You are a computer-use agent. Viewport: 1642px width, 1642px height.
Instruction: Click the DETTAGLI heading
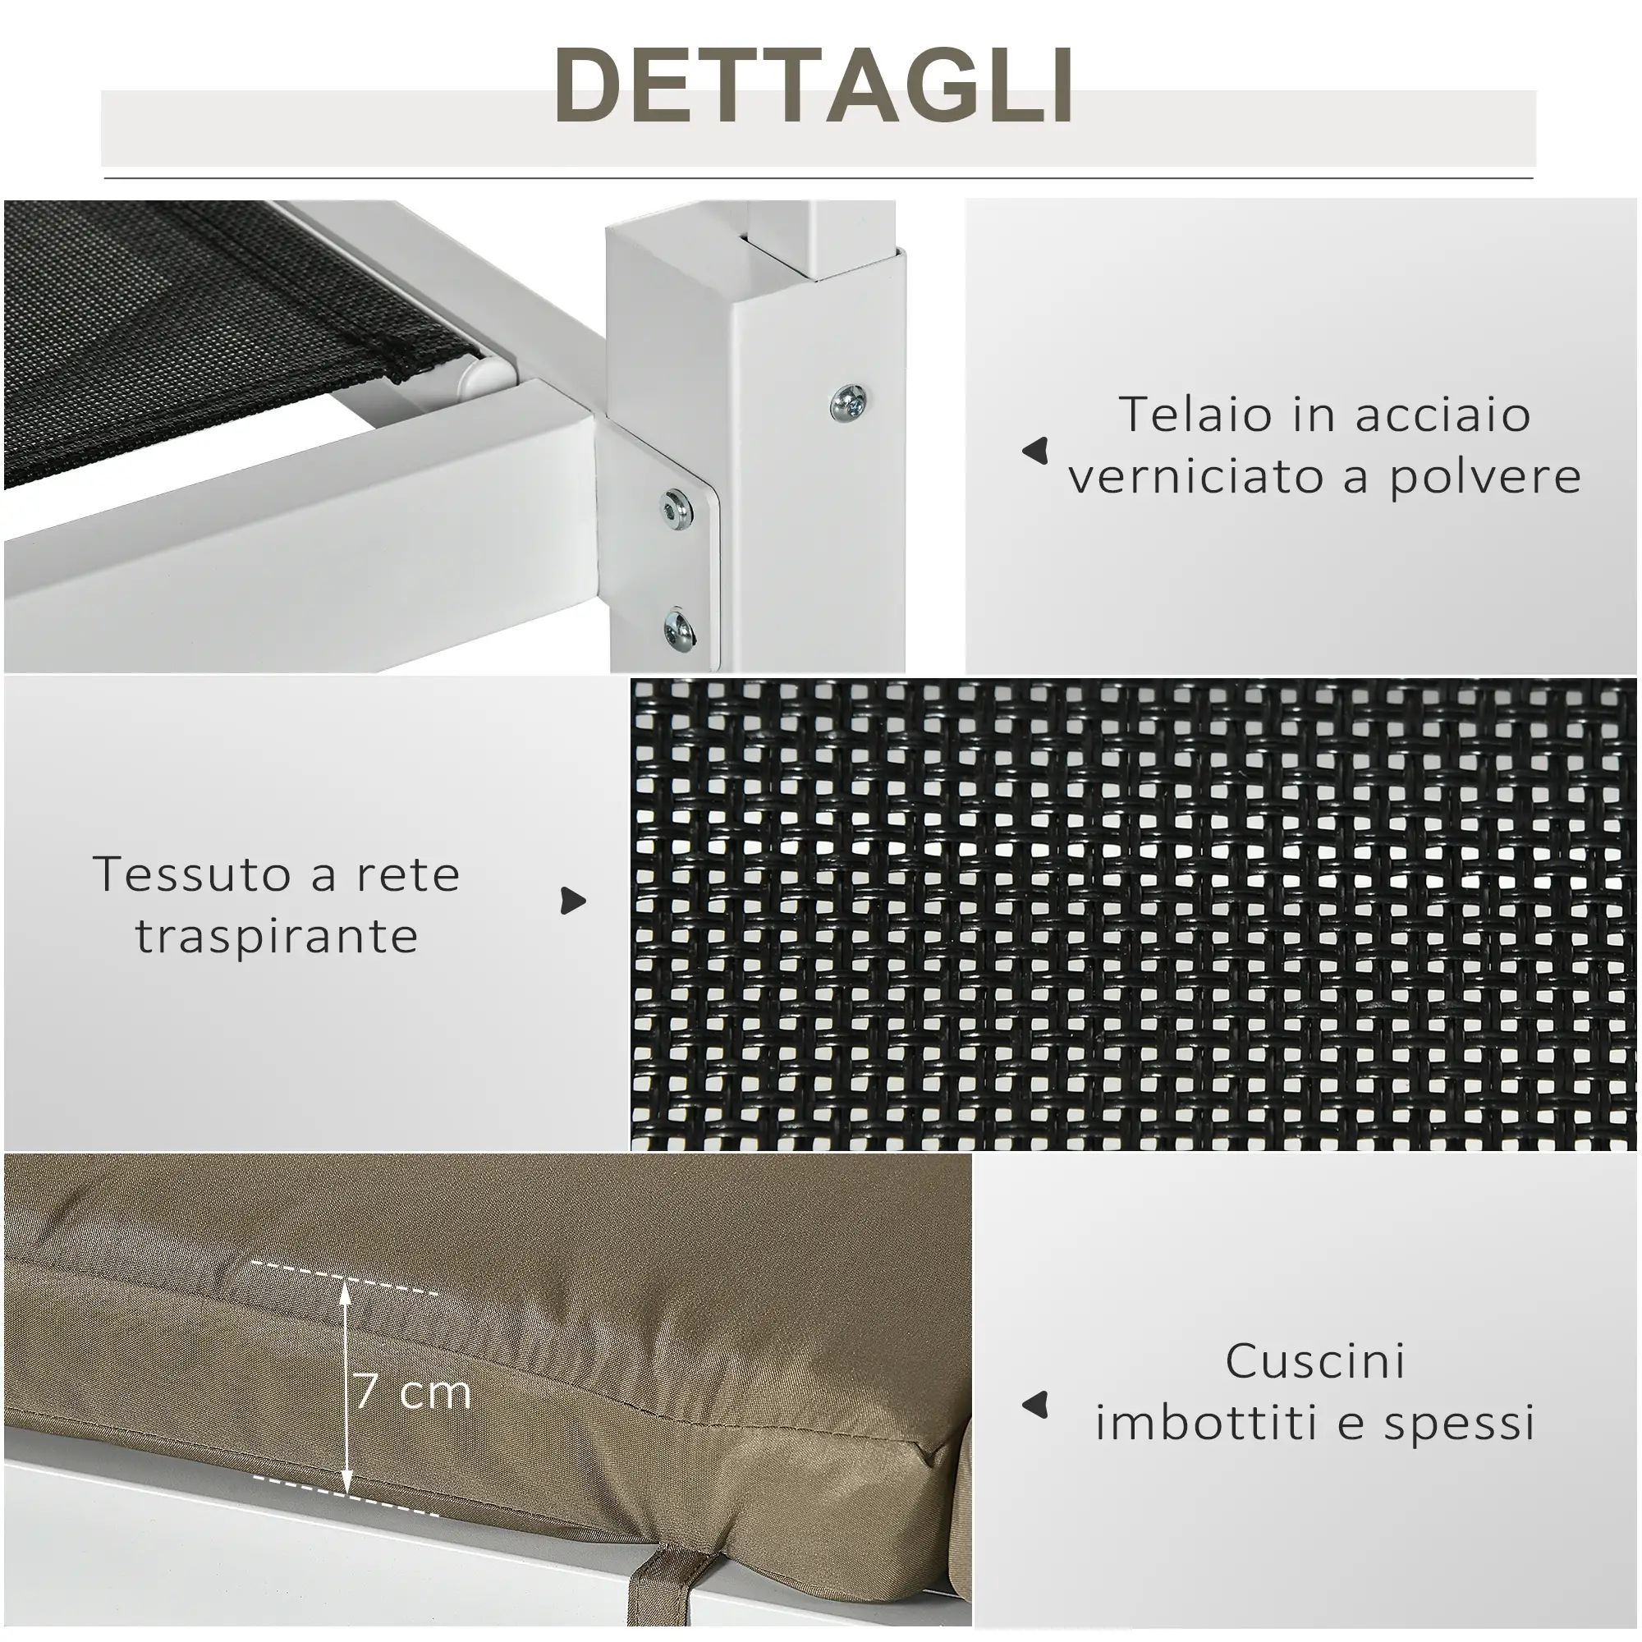coord(814,86)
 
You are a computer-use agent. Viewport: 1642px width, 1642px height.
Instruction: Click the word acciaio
coord(1442,415)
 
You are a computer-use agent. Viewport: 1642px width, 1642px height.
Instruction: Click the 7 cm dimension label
coord(412,1392)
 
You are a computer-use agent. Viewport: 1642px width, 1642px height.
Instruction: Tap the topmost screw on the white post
coord(849,400)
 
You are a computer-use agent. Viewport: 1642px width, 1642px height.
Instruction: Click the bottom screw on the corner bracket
coord(680,628)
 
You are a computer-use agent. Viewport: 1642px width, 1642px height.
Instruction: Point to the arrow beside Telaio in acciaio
coord(1035,451)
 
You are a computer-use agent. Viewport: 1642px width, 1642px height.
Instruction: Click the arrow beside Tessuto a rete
coord(574,901)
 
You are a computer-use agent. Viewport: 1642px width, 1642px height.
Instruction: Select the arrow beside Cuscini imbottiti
coord(1035,1406)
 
